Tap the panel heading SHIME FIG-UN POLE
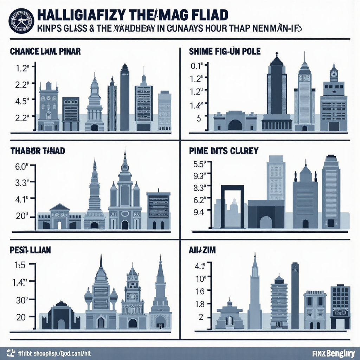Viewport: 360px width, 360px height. (224, 52)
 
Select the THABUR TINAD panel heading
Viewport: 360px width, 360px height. (38, 151)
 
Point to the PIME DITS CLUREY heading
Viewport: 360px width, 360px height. (223, 151)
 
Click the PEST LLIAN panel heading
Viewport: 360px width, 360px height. (30, 250)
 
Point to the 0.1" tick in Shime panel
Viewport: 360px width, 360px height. (197, 66)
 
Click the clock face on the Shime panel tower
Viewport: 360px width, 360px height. (334, 74)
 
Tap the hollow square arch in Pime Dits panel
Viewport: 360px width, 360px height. (232, 206)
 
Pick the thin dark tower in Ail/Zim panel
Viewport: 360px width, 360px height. (295, 295)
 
